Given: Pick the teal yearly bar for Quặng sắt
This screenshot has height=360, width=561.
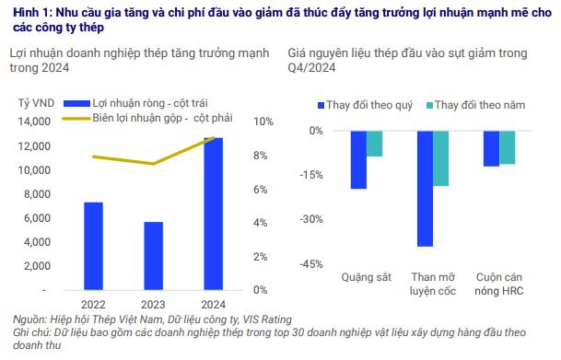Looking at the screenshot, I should point(374,144).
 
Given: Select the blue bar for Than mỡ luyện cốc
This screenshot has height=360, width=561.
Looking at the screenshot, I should point(425,189).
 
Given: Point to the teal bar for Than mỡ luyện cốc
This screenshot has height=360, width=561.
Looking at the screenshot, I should point(441,158).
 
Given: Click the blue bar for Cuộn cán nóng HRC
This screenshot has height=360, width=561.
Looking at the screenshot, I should point(491,148).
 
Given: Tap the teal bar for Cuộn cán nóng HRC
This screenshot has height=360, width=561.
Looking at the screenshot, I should point(508,147).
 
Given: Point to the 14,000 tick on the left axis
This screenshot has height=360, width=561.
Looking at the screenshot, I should point(35,122).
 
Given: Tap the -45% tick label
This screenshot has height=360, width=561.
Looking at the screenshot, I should point(310,263).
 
